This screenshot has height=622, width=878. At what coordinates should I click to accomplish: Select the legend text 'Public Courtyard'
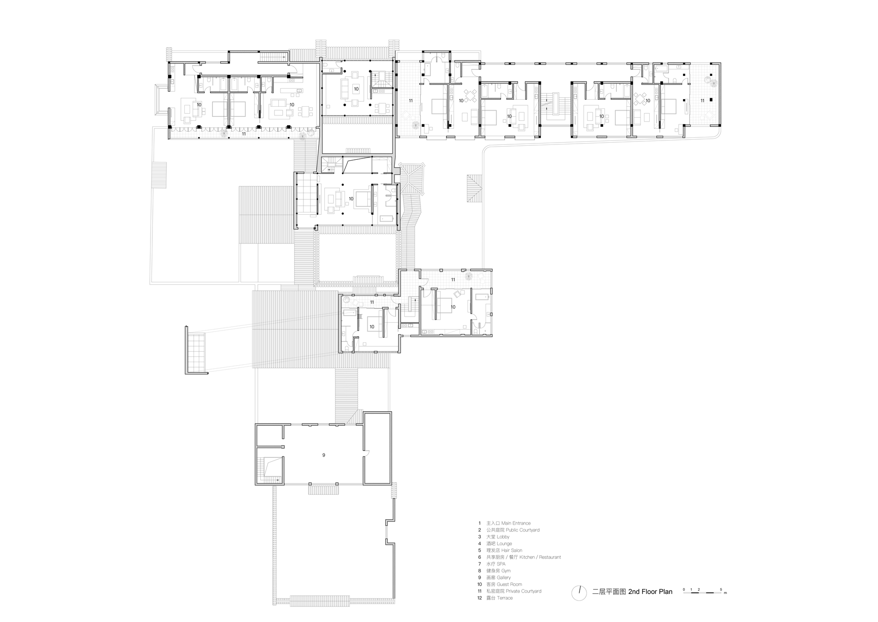pos(522,530)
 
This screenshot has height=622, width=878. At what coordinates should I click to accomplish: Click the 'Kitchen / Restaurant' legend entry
pos(540,557)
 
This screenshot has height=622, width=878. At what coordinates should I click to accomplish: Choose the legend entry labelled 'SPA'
pos(501,564)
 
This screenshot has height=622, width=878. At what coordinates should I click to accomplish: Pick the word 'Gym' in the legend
pos(506,571)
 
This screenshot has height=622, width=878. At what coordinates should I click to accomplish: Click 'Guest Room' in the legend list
pos(509,584)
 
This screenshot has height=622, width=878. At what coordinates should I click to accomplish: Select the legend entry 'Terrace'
pos(505,598)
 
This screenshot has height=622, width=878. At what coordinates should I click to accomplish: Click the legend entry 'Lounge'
pos(504,543)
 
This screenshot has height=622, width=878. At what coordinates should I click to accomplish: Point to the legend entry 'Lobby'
pos(503,537)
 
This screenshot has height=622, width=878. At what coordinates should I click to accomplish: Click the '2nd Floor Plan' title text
pos(650,592)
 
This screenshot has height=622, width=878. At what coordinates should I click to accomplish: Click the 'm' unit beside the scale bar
pos(725,593)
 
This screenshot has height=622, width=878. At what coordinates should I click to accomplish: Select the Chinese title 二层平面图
pos(609,592)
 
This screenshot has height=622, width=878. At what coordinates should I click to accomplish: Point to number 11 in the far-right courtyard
pos(702,101)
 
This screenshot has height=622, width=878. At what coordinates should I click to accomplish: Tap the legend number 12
pos(480,598)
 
